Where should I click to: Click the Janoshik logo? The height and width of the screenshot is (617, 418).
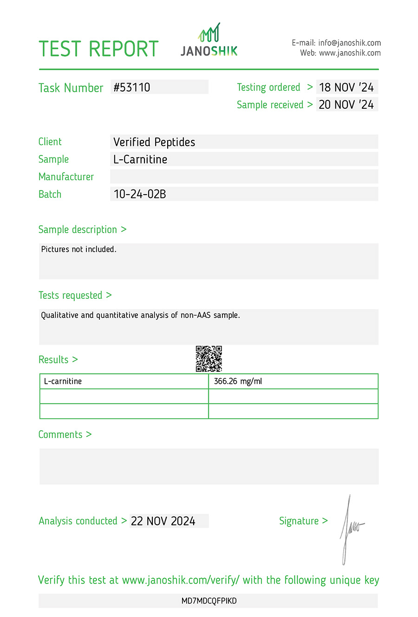click(x=209, y=41)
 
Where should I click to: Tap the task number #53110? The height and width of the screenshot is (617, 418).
click(x=132, y=87)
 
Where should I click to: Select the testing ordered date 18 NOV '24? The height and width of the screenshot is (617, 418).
click(x=346, y=87)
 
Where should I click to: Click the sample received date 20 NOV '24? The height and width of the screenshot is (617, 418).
click(x=346, y=105)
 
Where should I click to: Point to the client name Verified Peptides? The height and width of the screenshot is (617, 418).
click(x=154, y=142)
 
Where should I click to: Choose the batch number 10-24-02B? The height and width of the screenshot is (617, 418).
click(x=140, y=194)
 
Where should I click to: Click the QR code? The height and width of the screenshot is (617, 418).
click(x=209, y=359)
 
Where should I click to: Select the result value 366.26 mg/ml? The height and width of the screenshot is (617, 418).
click(x=238, y=381)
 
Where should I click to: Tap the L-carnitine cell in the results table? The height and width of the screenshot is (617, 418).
click(x=63, y=381)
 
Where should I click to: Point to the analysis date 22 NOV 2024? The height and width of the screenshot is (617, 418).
click(x=163, y=521)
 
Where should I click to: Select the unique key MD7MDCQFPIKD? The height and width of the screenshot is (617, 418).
click(x=209, y=601)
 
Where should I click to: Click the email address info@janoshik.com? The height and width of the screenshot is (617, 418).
click(x=349, y=43)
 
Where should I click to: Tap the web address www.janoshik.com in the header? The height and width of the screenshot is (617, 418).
click(x=350, y=53)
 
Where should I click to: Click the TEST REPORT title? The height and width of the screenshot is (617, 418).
click(x=98, y=49)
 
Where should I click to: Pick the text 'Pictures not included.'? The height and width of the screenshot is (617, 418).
click(x=79, y=249)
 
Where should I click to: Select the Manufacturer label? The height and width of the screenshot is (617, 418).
click(x=66, y=177)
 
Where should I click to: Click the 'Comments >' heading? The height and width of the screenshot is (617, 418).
click(x=65, y=434)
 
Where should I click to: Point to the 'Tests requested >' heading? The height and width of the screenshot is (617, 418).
click(x=75, y=295)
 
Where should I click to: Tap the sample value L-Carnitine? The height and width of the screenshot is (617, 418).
click(x=140, y=159)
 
